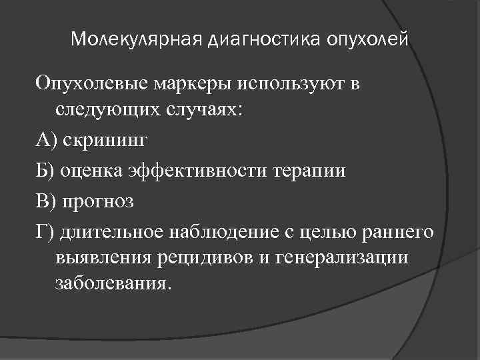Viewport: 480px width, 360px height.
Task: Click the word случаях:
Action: pos(190,112)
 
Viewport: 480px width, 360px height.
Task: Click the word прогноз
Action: pos(105,199)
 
